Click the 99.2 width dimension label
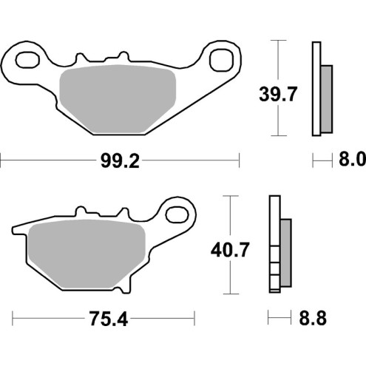(x=121, y=159)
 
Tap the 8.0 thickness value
(x=351, y=159)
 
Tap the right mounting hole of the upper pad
(x=221, y=58)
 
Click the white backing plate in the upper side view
(x=316, y=89)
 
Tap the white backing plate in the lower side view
(x=274, y=244)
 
